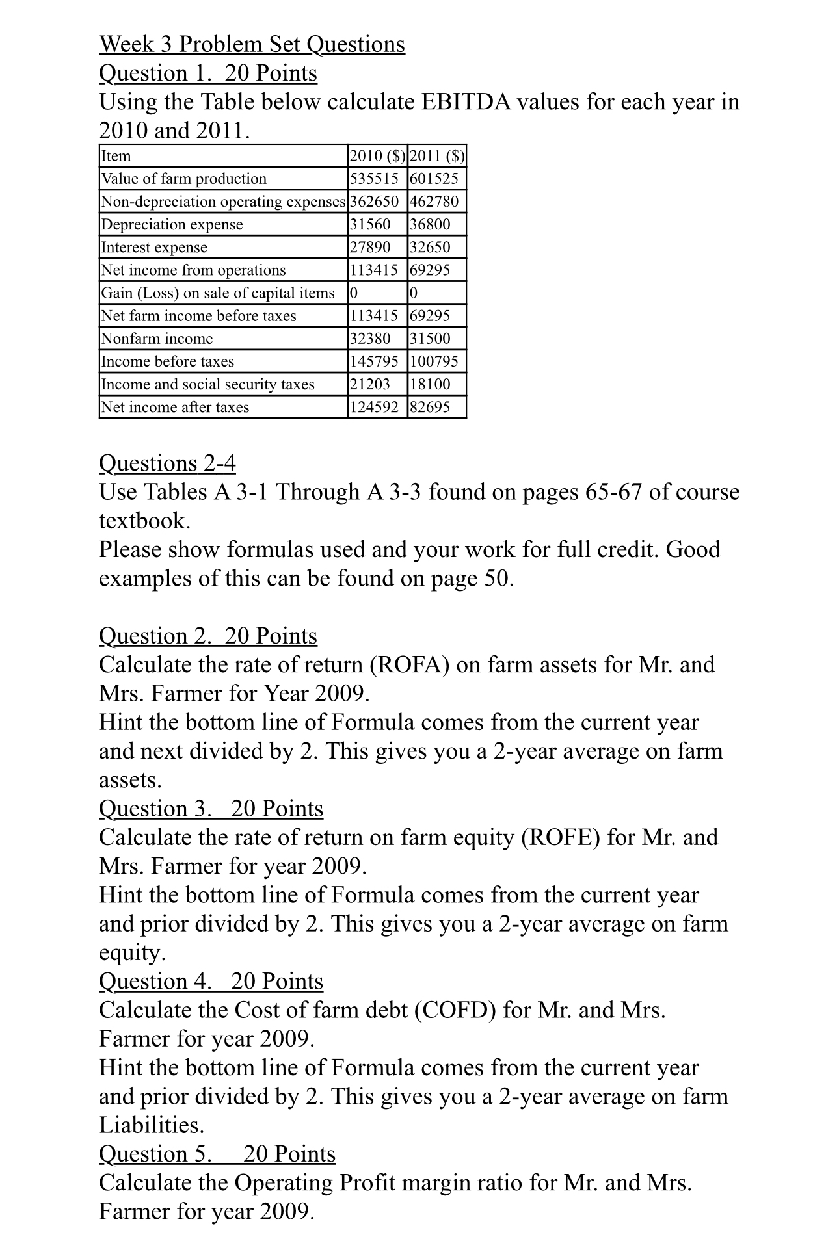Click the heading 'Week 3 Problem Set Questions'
252,44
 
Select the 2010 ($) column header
377,156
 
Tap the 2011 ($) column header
437,156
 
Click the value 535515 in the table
374,179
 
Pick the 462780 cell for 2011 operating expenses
434,202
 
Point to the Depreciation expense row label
172,224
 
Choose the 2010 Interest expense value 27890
370,247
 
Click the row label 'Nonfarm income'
157,339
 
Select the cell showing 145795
374,361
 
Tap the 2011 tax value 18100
430,384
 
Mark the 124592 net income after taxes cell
374,408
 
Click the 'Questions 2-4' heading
167,463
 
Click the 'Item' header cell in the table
116,156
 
